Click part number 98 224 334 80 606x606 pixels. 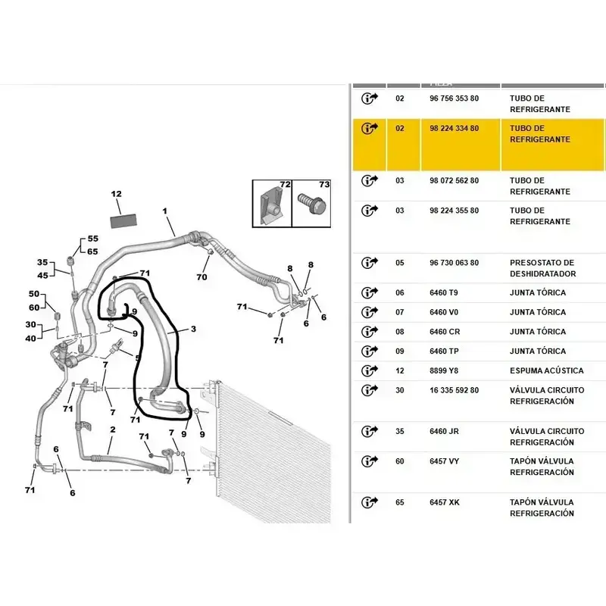(x=454, y=129)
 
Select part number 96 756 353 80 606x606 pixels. (x=454, y=98)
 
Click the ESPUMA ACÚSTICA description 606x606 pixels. (x=546, y=370)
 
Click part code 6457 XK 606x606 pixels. (x=445, y=502)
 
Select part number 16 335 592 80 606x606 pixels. (x=454, y=390)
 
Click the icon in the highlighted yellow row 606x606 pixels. (x=370, y=128)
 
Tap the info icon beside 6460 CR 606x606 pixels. (x=370, y=331)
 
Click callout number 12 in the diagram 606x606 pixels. (x=117, y=194)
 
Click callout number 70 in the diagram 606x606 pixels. (x=201, y=277)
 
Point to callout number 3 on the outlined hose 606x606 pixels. (x=193, y=329)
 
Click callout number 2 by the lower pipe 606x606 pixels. (x=112, y=430)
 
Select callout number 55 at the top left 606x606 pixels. (x=92, y=239)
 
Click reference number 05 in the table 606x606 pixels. (x=400, y=263)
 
